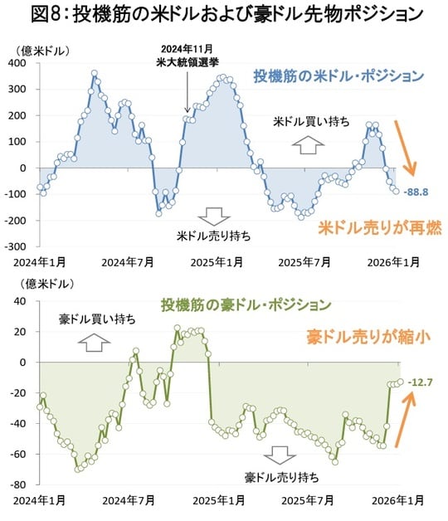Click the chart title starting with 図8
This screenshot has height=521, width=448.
(x=224, y=14)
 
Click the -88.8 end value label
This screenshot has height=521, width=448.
(x=416, y=192)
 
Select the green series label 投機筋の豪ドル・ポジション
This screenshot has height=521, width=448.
(x=246, y=304)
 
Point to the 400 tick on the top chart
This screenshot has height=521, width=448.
(x=17, y=63)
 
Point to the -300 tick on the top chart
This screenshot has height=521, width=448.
(x=15, y=246)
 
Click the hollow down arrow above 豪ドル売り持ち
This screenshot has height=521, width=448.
(x=282, y=455)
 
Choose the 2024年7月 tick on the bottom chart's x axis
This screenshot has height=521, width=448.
(x=128, y=500)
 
